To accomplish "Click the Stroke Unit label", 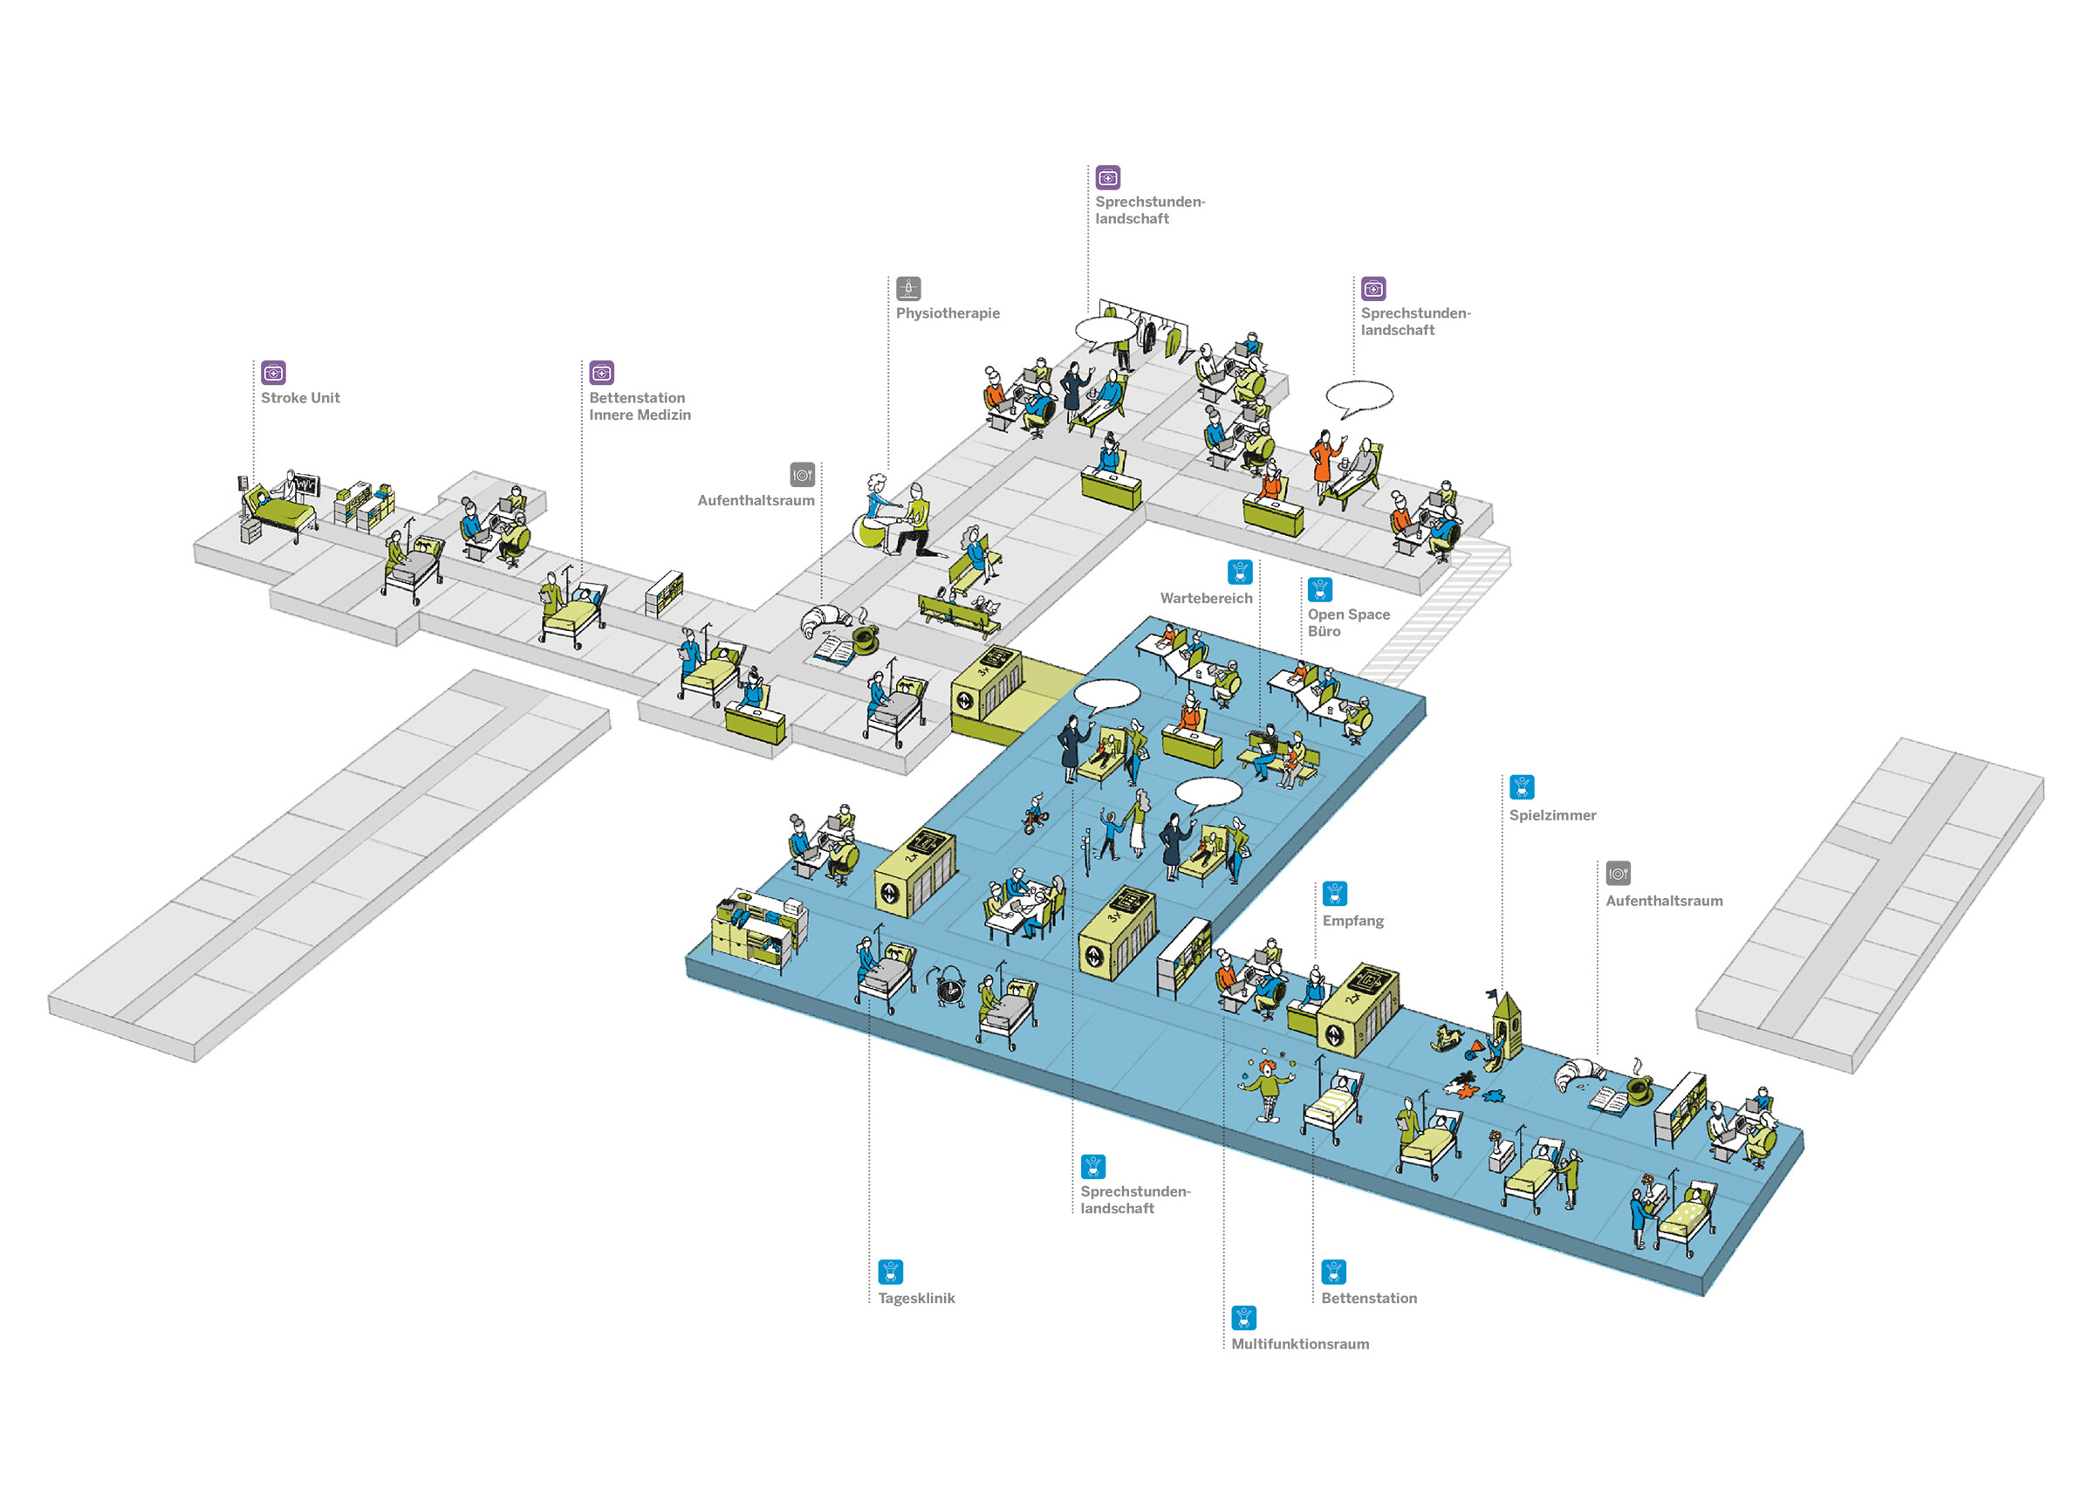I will pos(300,398).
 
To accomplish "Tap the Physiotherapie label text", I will pos(948,313).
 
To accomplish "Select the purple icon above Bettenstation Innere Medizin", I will pos(601,372).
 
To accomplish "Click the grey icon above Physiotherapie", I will pos(908,288).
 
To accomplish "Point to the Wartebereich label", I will pos(1206,598).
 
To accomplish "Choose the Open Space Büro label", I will pos(1348,621).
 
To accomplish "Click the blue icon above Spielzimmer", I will pos(1522,786).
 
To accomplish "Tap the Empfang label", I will pos(1352,920).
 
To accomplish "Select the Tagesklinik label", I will pos(915,1298).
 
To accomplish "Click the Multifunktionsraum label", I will pos(1299,1344).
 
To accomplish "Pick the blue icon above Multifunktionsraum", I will pos(1243,1317).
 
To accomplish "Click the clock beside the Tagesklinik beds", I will pos(949,987).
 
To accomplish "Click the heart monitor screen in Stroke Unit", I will pos(305,484).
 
